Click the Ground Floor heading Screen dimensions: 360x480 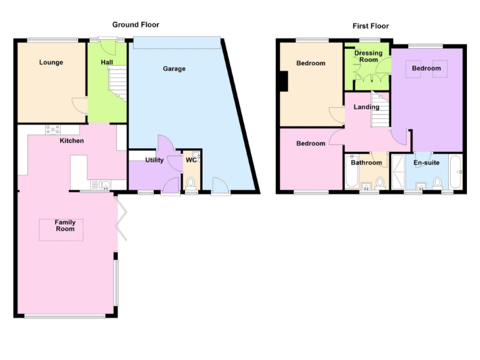pyautogui.click(x=136, y=25)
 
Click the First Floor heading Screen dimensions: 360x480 pyautogui.click(x=371, y=26)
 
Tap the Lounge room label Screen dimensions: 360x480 pyautogui.click(x=51, y=62)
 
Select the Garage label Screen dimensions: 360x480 pyautogui.click(x=174, y=69)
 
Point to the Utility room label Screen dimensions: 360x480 pyautogui.click(x=154, y=161)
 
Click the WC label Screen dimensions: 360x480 pyautogui.click(x=191, y=161)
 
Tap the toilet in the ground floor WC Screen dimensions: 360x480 pyautogui.click(x=191, y=183)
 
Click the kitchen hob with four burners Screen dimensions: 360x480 pyautogui.click(x=52, y=130)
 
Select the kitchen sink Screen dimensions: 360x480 pyautogui.click(x=100, y=184)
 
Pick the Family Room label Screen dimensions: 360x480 pyautogui.click(x=65, y=226)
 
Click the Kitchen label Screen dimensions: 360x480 pyautogui.click(x=72, y=141)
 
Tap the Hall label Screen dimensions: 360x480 pyautogui.click(x=107, y=62)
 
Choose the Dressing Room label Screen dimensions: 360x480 pyautogui.click(x=368, y=57)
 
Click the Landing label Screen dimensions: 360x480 pyautogui.click(x=366, y=107)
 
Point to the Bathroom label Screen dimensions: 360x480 pyautogui.click(x=366, y=163)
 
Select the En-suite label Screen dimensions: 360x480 pyautogui.click(x=427, y=163)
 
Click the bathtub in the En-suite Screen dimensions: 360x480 pyautogui.click(x=456, y=173)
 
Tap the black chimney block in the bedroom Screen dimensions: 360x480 pyautogui.click(x=284, y=82)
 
